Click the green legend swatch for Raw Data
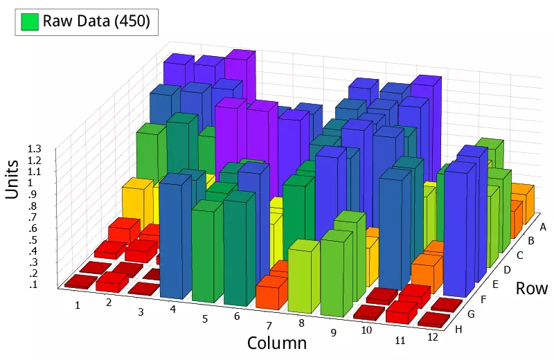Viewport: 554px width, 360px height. pyautogui.click(x=28, y=21)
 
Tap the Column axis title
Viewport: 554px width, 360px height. pyautogui.click(x=277, y=343)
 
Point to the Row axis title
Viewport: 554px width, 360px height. pyautogui.click(x=531, y=289)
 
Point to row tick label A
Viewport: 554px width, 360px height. pyautogui.click(x=543, y=227)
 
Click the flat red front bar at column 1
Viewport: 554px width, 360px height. pyautogui.click(x=80, y=281)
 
